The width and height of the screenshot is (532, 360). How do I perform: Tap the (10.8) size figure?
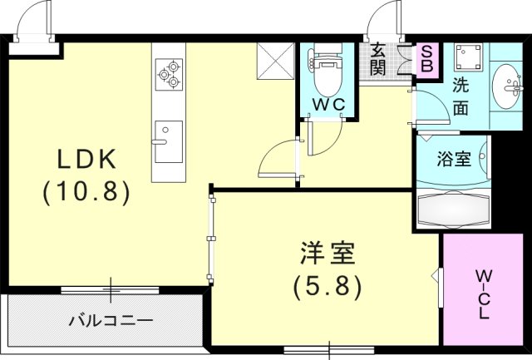pos(86,192)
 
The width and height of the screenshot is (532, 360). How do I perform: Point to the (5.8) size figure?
pos(328,286)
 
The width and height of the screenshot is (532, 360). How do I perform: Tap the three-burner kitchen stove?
pos(167,72)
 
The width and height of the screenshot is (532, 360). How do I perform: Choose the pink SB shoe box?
pos(429,59)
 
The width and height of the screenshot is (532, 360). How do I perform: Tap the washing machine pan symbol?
pos(470,56)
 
